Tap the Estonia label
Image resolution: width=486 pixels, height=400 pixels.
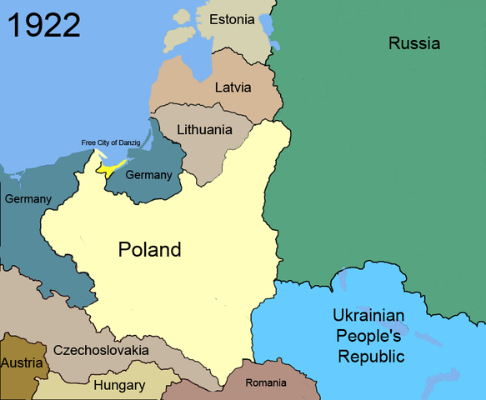[233, 19]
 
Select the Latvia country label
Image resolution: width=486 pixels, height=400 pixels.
[233, 87]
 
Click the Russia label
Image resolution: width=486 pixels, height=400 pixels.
[414, 43]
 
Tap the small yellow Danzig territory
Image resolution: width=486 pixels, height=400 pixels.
[111, 168]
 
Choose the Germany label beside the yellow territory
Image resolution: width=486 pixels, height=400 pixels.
[148, 175]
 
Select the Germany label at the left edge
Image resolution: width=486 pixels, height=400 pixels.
[28, 199]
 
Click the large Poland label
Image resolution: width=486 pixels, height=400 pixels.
[149, 249]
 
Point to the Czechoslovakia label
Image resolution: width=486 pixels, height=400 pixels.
[100, 350]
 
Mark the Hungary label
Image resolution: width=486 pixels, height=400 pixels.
[118, 385]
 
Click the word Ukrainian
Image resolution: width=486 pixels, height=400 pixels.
[368, 317]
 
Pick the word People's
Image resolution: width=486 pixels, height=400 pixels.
[368, 337]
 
